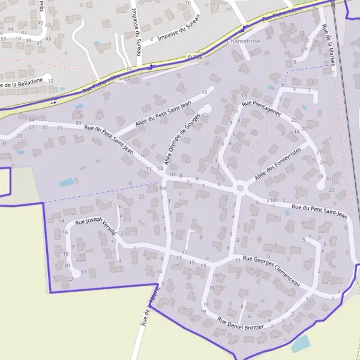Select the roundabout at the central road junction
(x=241, y=188)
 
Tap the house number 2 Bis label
(x=160, y=188)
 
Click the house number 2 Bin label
(x=273, y=200)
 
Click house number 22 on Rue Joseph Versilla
(x=71, y=278)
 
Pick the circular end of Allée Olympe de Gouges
(x=207, y=109)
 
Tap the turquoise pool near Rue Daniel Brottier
(x=301, y=344)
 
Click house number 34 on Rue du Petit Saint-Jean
(x=31, y=120)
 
